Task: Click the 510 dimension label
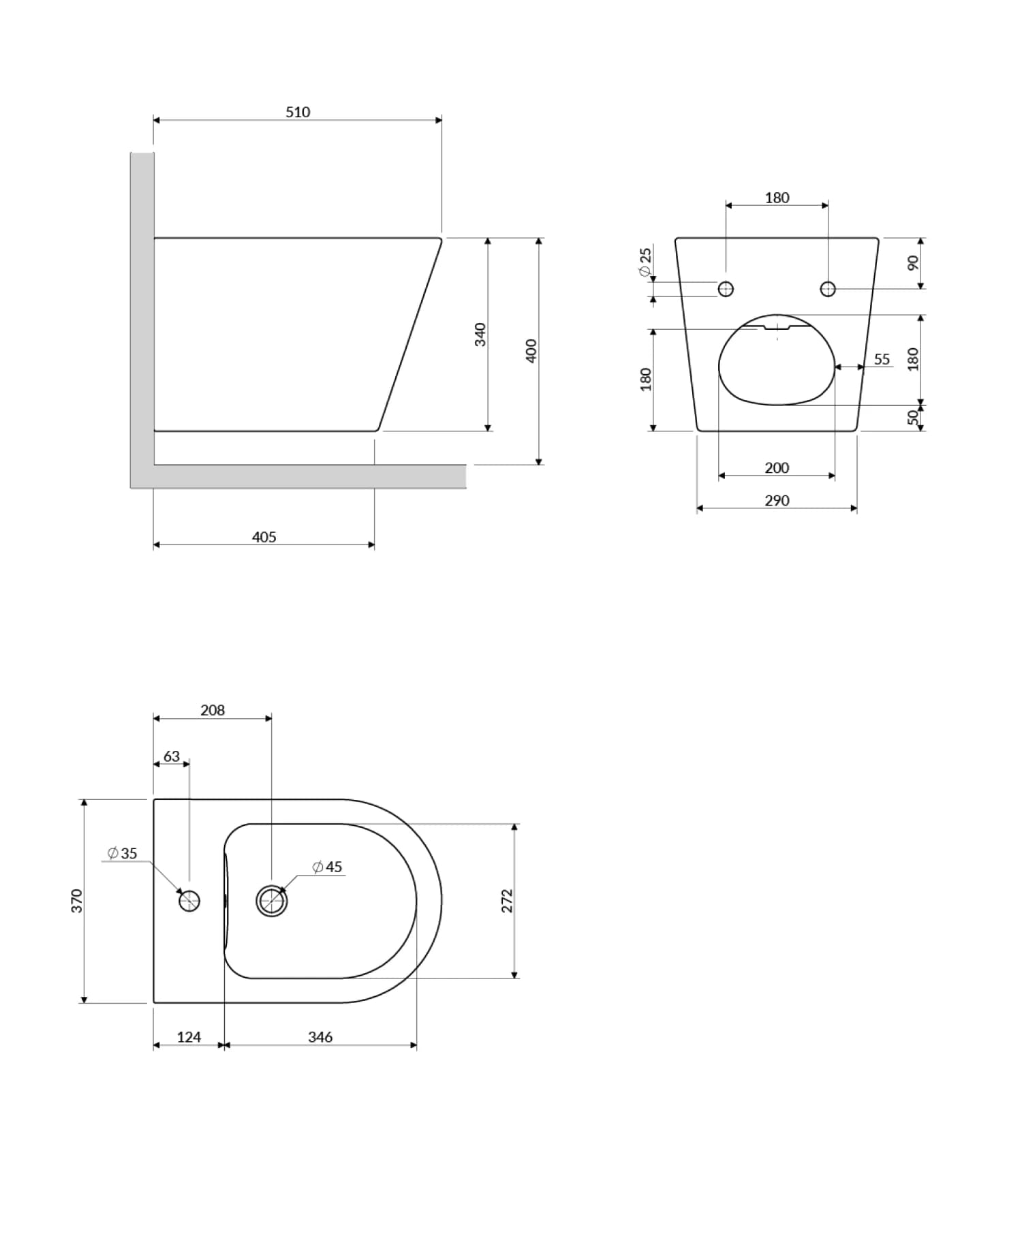tap(298, 112)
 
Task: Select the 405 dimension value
tap(264, 537)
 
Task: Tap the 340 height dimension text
tap(480, 335)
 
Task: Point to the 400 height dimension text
tap(531, 350)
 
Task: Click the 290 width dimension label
tap(777, 501)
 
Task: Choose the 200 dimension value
tap(777, 468)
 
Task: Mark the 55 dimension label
tap(882, 359)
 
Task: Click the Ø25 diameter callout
tap(645, 262)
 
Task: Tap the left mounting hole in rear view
tap(726, 289)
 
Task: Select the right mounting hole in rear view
tap(828, 289)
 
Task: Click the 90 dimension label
tap(913, 262)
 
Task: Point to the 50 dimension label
tap(913, 417)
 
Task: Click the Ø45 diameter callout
tap(327, 867)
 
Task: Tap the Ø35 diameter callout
tap(123, 853)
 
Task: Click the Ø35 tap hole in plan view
tap(189, 901)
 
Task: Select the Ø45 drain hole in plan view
tap(271, 901)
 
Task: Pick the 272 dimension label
tap(506, 901)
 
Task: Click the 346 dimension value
tap(320, 1037)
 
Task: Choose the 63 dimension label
tap(172, 756)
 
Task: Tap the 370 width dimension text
tap(77, 901)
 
